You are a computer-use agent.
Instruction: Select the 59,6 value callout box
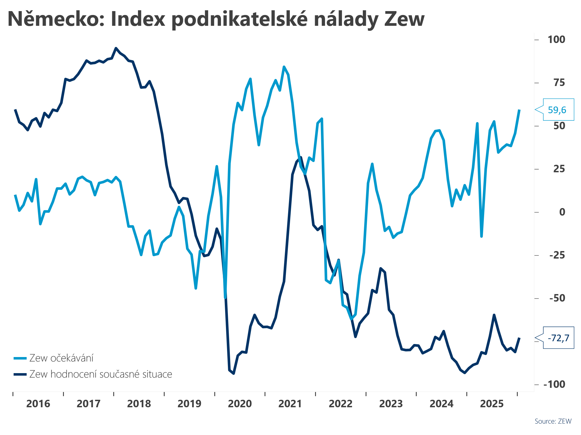(x=558, y=110)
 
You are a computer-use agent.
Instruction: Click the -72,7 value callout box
(x=558, y=338)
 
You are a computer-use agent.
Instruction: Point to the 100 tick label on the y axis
(x=556, y=39)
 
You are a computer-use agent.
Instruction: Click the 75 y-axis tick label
(x=559, y=83)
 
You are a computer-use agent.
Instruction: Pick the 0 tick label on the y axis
(x=562, y=212)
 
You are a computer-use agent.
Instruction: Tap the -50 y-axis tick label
(x=557, y=298)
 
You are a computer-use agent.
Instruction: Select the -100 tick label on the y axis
(x=554, y=385)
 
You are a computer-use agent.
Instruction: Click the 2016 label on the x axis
(x=38, y=404)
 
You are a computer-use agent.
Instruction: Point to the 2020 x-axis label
(x=240, y=404)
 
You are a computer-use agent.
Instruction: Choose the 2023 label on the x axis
(x=391, y=404)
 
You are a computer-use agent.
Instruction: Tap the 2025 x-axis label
(x=492, y=404)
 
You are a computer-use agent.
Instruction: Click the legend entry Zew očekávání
(x=61, y=358)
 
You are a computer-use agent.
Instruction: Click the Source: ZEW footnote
(x=553, y=421)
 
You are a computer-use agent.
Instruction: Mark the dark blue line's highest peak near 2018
(x=116, y=48)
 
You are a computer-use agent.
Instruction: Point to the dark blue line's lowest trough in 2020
(x=234, y=373)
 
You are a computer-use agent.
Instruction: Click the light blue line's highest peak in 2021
(x=284, y=67)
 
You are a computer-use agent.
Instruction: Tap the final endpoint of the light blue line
(x=519, y=110)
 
